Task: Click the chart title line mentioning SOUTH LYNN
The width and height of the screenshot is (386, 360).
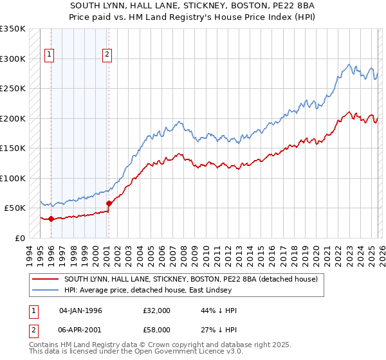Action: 192,6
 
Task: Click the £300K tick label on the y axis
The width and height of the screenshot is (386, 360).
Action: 13,59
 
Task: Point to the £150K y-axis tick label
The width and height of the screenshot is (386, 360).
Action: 13,148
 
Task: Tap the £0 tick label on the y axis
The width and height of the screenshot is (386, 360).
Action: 19,238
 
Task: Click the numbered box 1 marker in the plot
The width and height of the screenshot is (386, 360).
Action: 50,55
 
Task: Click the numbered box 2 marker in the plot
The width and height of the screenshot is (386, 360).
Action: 107,55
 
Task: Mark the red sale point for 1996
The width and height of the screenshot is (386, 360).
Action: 51,219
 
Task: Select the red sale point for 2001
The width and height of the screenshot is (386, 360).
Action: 108,203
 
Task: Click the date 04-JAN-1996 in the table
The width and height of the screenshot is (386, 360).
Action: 80,310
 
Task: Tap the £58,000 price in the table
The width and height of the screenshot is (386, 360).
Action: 157,328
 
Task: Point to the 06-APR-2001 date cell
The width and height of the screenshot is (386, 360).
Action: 80,328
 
